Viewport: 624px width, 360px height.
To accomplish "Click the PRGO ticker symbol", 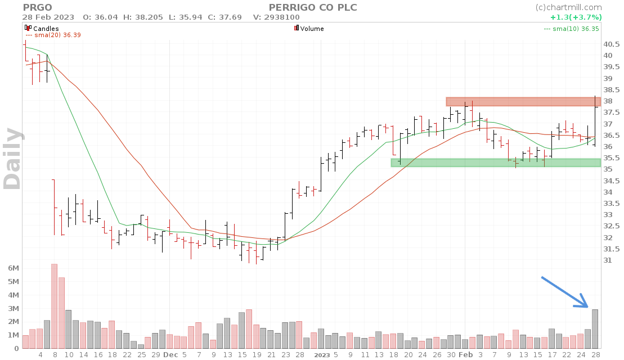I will [37, 7].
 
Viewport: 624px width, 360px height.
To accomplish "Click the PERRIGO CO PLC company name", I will [313, 7].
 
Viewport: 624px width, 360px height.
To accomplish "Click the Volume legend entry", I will [312, 28].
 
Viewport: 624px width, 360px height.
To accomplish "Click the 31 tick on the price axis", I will [608, 260].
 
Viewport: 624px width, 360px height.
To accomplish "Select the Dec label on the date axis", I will [170, 355].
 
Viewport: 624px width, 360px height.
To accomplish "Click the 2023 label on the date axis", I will [322, 355].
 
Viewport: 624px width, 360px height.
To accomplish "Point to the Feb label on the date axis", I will [465, 355].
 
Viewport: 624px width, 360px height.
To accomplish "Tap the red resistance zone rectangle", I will [523, 102].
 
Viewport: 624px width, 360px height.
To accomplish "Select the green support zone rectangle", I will [495, 163].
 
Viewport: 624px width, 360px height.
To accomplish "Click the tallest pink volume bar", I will [55, 307].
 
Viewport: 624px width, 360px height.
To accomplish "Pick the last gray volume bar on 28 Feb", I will [595, 329].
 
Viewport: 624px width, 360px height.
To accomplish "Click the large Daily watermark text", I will [12, 158].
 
